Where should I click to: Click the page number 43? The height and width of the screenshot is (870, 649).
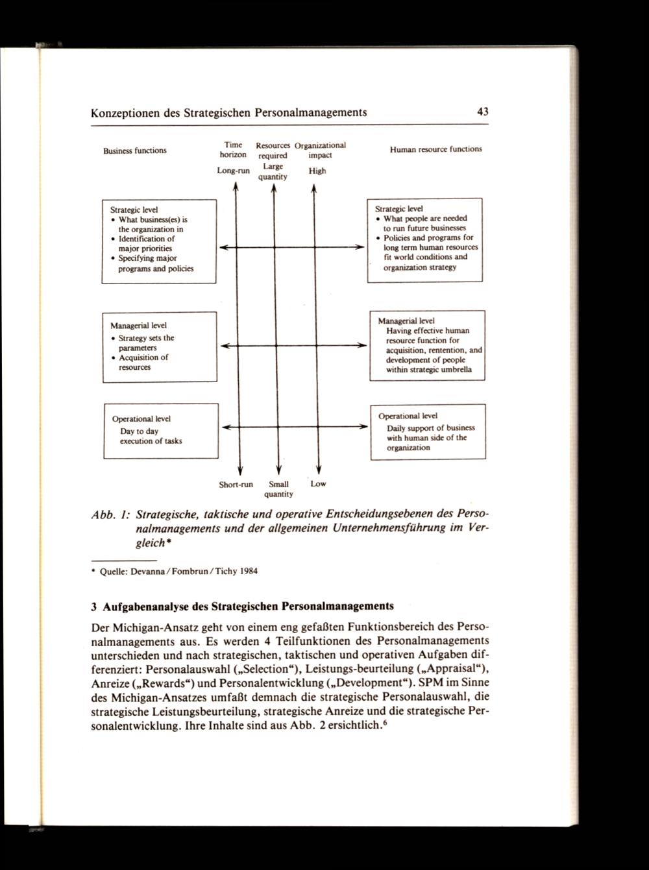pyautogui.click(x=482, y=112)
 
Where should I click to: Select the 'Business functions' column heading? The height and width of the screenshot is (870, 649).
pyautogui.click(x=135, y=151)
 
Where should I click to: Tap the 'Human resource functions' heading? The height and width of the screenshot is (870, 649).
pyautogui.click(x=435, y=149)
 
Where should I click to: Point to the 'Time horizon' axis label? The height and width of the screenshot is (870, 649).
pyautogui.click(x=233, y=150)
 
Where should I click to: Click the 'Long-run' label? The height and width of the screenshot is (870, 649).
pyautogui.click(x=233, y=171)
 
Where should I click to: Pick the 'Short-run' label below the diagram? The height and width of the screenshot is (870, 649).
pyautogui.click(x=236, y=484)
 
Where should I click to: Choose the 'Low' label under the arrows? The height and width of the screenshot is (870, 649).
pyautogui.click(x=319, y=483)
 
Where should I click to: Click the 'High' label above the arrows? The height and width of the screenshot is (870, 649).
pyautogui.click(x=317, y=171)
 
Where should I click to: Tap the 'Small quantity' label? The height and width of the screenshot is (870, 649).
pyautogui.click(x=278, y=489)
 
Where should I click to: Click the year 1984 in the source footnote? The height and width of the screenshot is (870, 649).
pyautogui.click(x=248, y=572)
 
